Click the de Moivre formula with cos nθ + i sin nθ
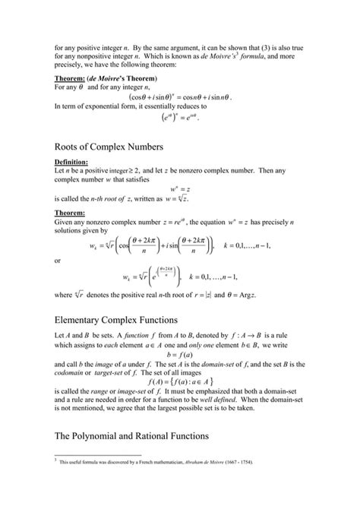[181, 96]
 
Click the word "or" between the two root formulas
[58, 259]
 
